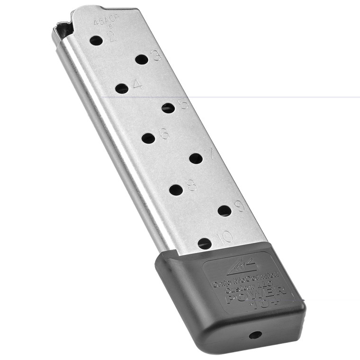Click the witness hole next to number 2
click(96, 41)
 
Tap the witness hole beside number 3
click(141, 59)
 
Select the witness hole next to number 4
click(122, 89)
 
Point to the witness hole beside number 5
click(168, 108)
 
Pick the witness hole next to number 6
click(148, 138)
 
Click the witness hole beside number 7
click(196, 158)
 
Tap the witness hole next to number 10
click(205, 244)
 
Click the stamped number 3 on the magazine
click(157, 56)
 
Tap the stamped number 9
click(239, 206)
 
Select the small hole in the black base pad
click(255, 335)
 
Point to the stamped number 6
click(164, 134)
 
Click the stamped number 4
click(137, 84)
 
